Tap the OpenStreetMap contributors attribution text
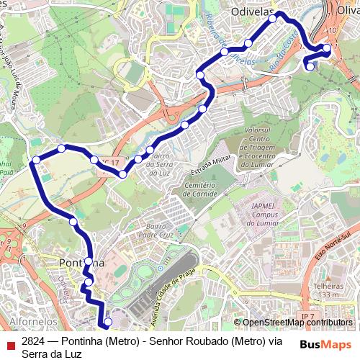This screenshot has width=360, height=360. coord(297,323)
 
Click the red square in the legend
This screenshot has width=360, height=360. coord(11,345)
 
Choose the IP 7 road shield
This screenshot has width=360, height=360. coord(308,316)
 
